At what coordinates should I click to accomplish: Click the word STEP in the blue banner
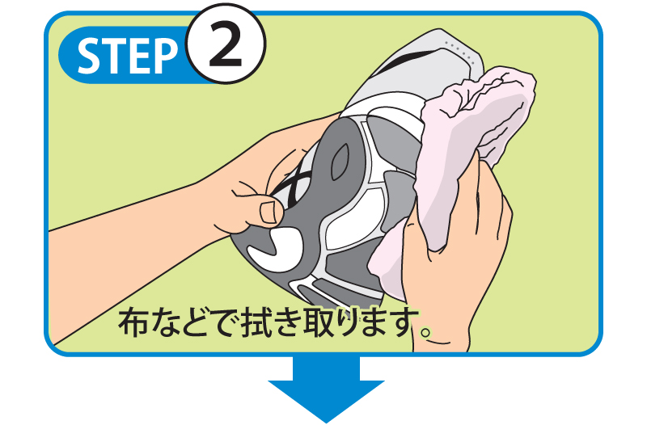pyautogui.click(x=127, y=56)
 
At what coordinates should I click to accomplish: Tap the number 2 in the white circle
pyautogui.click(x=225, y=44)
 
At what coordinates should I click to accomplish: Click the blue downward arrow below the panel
pyautogui.click(x=326, y=389)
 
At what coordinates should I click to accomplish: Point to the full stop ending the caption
pyautogui.click(x=425, y=331)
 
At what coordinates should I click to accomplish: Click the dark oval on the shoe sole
pyautogui.click(x=340, y=162)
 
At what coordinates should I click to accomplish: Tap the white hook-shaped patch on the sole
pyautogui.click(x=273, y=250)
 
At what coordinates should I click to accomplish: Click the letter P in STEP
pyautogui.click(x=166, y=56)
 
